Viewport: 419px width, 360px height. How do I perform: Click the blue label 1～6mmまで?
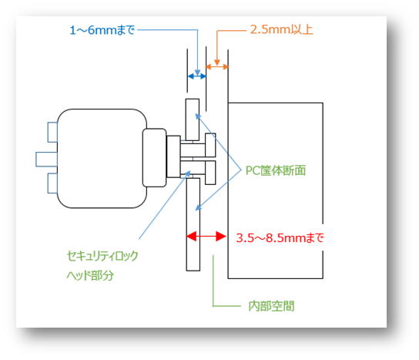point(102,30)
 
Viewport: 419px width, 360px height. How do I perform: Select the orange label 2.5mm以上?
point(281,29)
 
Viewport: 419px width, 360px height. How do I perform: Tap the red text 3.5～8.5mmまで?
point(280,237)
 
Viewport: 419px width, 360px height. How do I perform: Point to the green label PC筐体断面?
point(276,170)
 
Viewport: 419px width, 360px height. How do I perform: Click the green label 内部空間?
point(271,306)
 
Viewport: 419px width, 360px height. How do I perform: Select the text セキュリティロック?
point(102,256)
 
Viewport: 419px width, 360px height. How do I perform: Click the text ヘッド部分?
point(90,275)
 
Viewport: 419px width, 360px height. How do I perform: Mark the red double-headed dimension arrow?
point(206,237)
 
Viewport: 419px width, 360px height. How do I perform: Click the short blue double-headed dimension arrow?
point(197,76)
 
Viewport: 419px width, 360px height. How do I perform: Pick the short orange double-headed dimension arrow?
point(217,67)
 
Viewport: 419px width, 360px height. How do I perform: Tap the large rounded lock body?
point(102,158)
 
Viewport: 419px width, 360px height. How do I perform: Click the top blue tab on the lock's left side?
point(52,132)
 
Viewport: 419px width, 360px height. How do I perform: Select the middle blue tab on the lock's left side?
point(46,160)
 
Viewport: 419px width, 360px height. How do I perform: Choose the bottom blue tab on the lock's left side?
point(52,183)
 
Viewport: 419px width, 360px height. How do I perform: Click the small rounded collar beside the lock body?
point(155,158)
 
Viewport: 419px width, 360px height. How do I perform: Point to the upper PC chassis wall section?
point(193,119)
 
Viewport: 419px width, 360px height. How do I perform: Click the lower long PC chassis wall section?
point(193,224)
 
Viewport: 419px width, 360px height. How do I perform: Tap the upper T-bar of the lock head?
point(210,145)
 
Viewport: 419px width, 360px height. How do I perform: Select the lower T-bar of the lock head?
point(210,173)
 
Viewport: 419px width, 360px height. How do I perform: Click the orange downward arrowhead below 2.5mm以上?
point(217,62)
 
